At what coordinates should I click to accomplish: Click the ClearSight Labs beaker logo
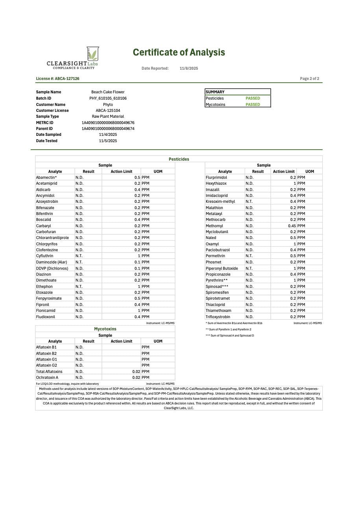tap(92, 54)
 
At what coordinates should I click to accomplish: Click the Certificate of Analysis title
tap(179, 52)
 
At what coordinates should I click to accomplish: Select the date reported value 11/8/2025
tap(189, 69)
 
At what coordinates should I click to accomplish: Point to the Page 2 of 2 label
tap(309, 79)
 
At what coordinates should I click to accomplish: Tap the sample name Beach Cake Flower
tap(108, 92)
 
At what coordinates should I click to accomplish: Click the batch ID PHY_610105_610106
tap(108, 98)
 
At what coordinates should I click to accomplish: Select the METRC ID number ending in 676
tap(108, 123)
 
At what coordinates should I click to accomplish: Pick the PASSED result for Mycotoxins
tap(253, 105)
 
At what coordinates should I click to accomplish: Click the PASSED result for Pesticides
tap(253, 98)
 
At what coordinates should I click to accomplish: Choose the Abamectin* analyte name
tap(46, 178)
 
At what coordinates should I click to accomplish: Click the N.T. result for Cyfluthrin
tap(79, 256)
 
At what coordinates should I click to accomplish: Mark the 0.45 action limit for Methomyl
tap(292, 226)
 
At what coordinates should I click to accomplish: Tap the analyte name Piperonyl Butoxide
tap(222, 268)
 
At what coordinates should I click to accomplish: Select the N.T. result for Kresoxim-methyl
tap(249, 202)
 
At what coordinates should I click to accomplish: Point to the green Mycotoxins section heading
tap(105, 329)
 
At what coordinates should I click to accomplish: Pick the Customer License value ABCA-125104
tap(108, 111)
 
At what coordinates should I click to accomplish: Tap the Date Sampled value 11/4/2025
tap(108, 135)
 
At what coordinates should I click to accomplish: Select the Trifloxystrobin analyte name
tap(218, 317)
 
